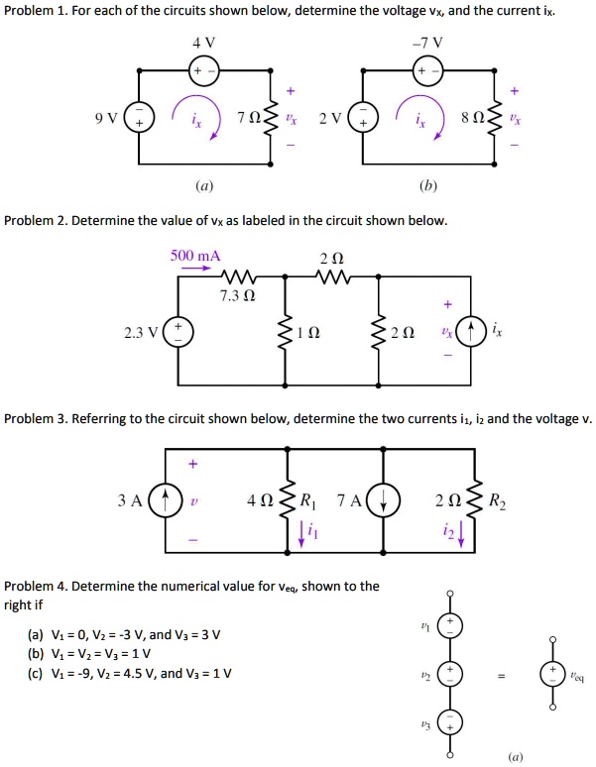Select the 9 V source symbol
point(138,118)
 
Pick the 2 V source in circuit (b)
point(363,118)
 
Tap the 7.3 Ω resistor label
point(239,296)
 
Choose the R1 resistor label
point(305,499)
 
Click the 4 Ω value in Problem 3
point(258,500)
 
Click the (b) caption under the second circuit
point(427,184)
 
